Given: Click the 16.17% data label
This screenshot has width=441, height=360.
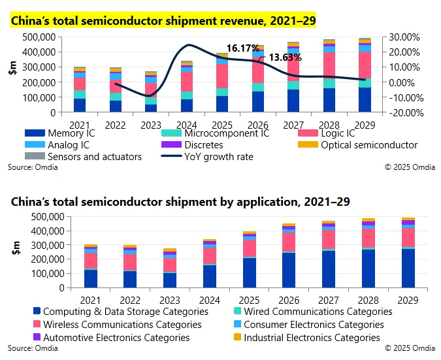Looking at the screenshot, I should point(243,48).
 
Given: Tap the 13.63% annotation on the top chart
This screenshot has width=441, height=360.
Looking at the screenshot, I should point(286,58).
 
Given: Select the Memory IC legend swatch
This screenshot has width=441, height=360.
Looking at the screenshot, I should point(19,134).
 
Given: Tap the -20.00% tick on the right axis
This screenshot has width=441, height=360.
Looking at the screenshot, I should point(405,112).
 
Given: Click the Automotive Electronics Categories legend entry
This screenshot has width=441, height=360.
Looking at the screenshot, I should point(116,338).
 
